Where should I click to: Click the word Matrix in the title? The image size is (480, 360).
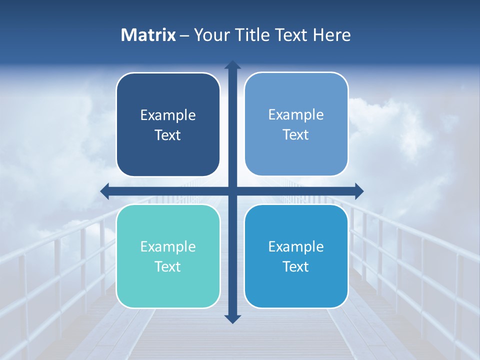148,35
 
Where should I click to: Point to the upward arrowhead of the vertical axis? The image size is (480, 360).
232,65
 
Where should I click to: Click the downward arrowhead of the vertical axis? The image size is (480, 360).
232,318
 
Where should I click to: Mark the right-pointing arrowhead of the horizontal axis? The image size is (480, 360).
358,191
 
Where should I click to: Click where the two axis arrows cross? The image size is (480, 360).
232,191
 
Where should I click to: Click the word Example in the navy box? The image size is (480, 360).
168,115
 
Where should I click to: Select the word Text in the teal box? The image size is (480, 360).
168,266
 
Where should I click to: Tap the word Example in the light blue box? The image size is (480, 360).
296,115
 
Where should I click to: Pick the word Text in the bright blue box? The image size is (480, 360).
296,266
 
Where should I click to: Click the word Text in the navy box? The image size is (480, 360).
168,135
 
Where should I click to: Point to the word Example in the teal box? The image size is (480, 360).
168,246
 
